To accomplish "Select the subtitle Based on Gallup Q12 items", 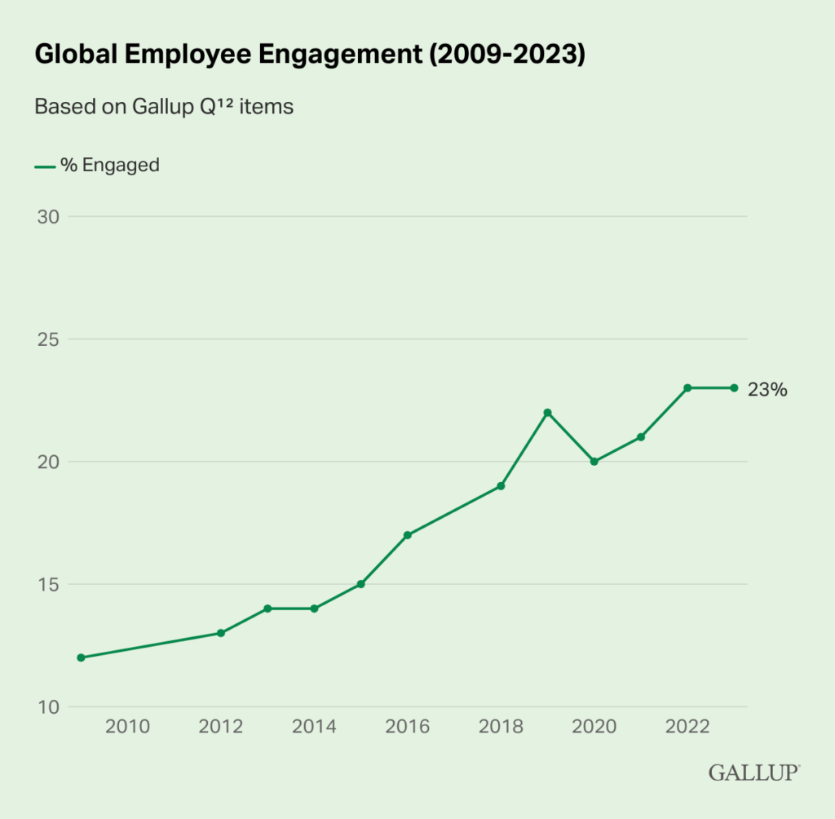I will click(x=163, y=107).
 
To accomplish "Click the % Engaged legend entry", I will click(x=97, y=166).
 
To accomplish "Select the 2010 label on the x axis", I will click(x=127, y=727).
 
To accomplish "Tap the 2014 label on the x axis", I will click(x=314, y=727).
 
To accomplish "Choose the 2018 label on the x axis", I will click(x=501, y=727).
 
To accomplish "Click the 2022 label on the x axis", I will click(x=687, y=727).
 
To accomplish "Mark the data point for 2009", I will click(x=81, y=657).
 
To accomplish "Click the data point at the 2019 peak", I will click(x=547, y=413).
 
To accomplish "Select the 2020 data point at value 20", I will click(x=594, y=462).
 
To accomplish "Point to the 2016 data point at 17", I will click(x=408, y=535).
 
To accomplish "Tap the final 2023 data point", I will click(x=734, y=388).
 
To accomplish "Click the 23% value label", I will click(x=767, y=390).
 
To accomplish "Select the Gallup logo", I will click(x=754, y=773).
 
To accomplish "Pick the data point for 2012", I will click(x=221, y=633).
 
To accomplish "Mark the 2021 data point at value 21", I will click(x=641, y=437).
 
